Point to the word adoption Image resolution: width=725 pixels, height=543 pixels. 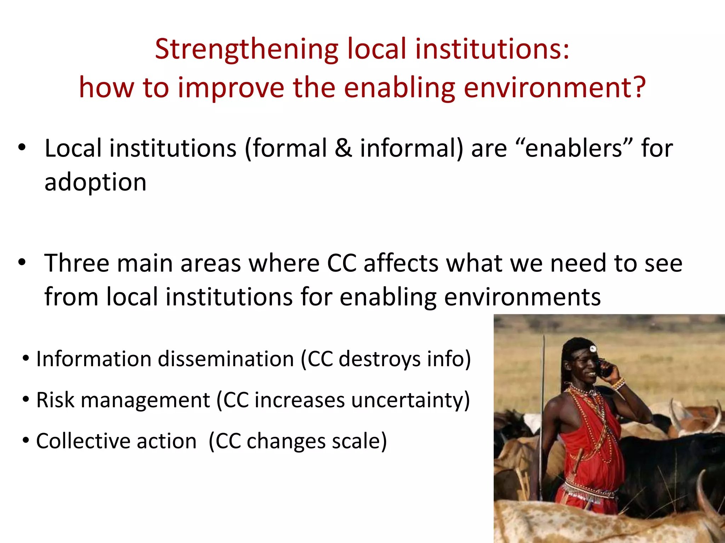click(x=95, y=183)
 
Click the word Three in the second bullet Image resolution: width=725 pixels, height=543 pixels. click(x=76, y=263)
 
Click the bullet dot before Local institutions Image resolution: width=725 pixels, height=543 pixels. click(x=22, y=148)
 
